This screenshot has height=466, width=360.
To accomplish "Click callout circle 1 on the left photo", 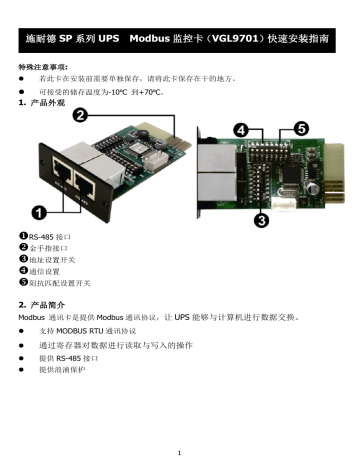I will tap(39, 212).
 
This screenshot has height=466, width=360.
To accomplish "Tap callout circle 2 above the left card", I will tap(77, 117).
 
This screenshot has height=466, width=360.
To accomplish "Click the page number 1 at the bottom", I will tap(178, 448).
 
